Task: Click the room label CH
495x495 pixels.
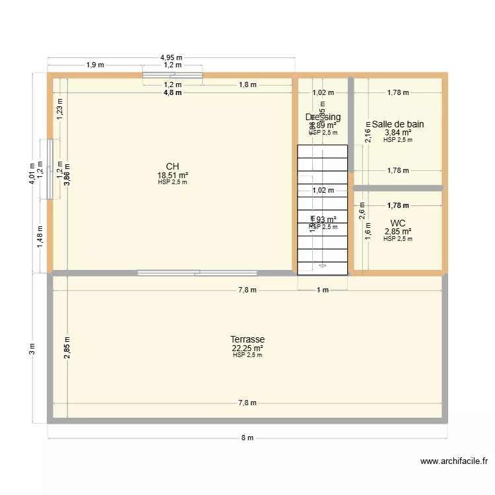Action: click(172, 167)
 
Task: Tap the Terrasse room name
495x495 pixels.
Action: click(247, 340)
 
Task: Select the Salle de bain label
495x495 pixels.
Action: click(397, 124)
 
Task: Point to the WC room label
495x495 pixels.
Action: click(398, 223)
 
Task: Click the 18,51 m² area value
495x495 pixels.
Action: click(172, 176)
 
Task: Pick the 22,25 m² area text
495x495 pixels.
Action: click(247, 348)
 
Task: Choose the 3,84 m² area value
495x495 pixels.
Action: click(398, 133)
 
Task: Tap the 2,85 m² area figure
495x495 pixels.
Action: click(398, 232)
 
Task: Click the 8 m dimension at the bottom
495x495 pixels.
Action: click(247, 438)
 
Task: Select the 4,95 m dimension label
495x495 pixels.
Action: click(172, 58)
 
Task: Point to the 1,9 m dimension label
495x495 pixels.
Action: click(95, 65)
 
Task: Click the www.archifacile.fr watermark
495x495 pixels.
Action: click(453, 462)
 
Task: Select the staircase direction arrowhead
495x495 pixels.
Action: click(322, 266)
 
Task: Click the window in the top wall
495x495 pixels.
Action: click(173, 75)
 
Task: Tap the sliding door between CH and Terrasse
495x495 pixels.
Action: click(197, 272)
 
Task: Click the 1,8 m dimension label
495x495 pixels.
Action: click(248, 84)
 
